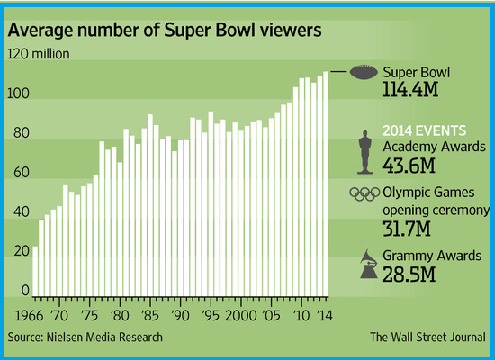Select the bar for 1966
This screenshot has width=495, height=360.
pyautogui.click(x=35, y=271)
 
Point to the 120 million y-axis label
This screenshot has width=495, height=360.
pyautogui.click(x=39, y=55)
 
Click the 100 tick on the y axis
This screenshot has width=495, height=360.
pyautogui.click(x=18, y=94)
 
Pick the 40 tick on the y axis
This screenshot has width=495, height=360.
pyautogui.click(x=18, y=212)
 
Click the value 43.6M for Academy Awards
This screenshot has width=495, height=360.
pyautogui.click(x=410, y=166)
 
